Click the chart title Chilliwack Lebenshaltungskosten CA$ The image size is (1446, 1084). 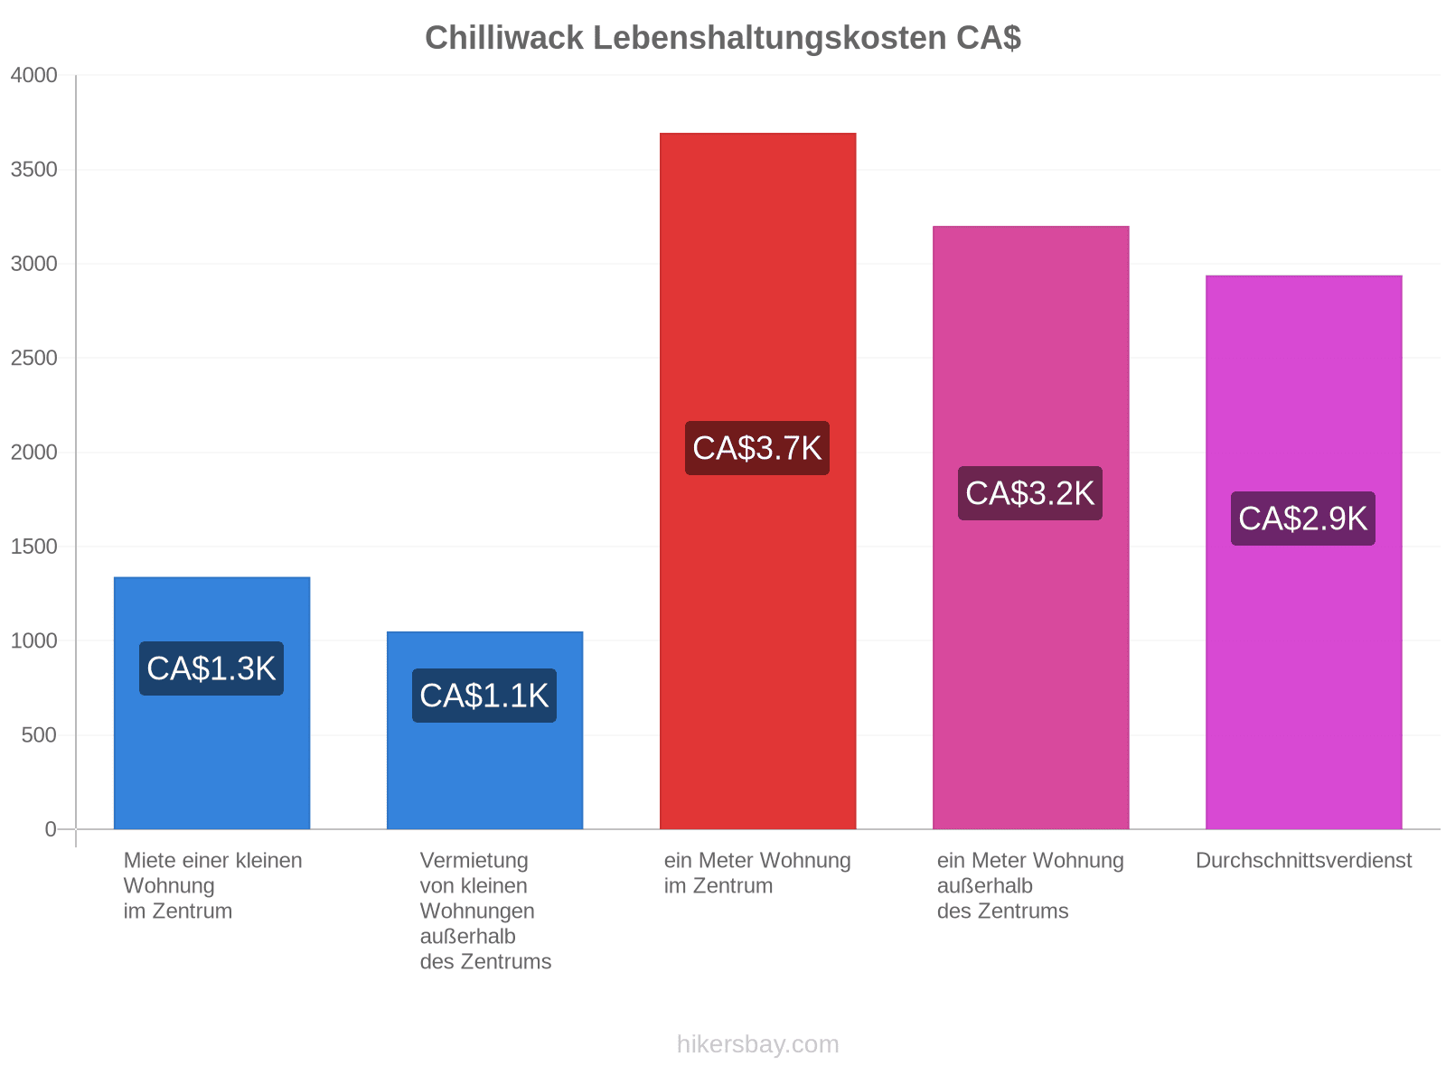coord(723,38)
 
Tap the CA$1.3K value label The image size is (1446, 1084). coord(211,668)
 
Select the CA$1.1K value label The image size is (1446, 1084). coord(484,696)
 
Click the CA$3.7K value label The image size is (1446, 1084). coord(757,448)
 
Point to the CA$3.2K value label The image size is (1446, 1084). coord(1029,493)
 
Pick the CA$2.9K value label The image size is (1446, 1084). coord(1303,519)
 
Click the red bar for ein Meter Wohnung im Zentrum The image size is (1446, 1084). coord(757,481)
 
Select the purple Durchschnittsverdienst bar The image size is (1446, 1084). coord(1304,552)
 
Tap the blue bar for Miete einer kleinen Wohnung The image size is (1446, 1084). coord(212,703)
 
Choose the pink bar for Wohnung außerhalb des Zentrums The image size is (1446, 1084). coord(1031,528)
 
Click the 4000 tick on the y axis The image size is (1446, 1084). coord(34,75)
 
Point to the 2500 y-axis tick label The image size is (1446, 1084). coord(34,358)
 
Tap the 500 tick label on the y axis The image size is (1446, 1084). coord(40,735)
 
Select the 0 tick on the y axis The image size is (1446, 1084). coord(51,829)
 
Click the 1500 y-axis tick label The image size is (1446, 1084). coord(34,547)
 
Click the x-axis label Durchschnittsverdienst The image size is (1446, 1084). coord(1304,861)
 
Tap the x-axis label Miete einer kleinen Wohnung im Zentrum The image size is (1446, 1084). coord(212,886)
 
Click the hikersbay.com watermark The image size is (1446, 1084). coord(757,1044)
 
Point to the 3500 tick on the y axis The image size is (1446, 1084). coord(34,170)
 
